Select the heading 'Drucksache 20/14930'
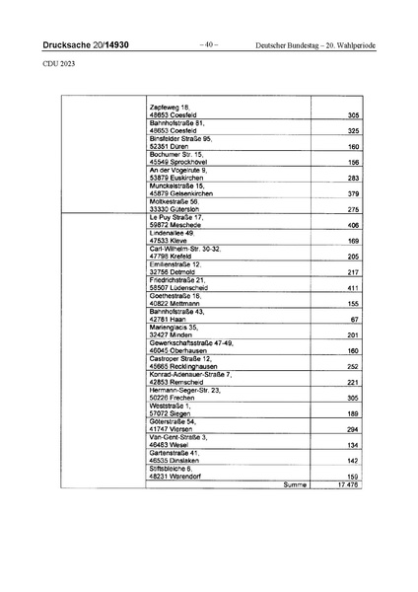coord(86,44)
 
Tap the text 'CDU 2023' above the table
coord(58,65)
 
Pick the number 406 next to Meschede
coord(352,225)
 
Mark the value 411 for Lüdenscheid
coord(352,288)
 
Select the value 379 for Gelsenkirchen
coord(352,194)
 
